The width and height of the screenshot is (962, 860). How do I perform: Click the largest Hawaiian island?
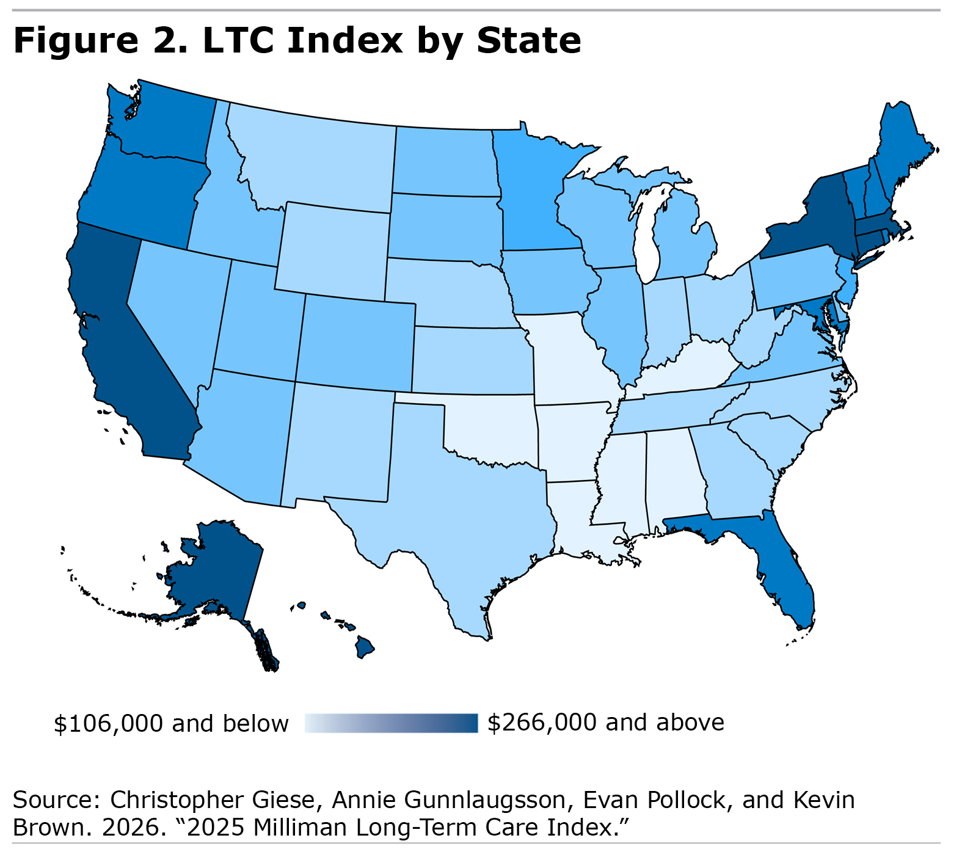click(x=365, y=646)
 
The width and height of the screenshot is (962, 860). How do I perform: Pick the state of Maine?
click(x=901, y=153)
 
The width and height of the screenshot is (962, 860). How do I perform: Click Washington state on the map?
click(x=165, y=122)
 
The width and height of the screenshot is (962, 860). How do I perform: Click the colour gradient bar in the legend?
click(x=391, y=723)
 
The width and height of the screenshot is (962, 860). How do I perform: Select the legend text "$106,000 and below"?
click(x=171, y=723)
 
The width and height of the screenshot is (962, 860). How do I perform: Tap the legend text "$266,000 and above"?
click(x=605, y=723)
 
